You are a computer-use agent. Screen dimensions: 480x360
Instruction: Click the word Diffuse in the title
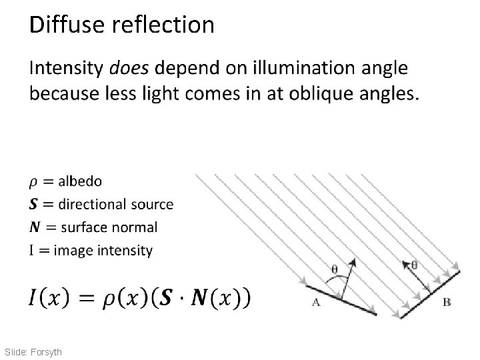point(65,25)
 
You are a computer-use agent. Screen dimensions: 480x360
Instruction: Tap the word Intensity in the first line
point(65,68)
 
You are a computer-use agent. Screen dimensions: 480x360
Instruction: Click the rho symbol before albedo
point(34,183)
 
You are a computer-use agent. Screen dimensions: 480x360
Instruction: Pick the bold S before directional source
point(34,205)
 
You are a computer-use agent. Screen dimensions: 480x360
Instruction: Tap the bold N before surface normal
point(35,227)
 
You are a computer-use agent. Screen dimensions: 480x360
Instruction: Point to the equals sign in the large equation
point(85,297)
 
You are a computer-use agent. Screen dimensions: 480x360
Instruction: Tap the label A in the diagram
point(316,302)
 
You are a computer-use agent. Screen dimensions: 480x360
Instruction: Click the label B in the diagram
point(447,302)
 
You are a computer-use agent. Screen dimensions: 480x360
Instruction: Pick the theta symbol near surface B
point(414,264)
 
